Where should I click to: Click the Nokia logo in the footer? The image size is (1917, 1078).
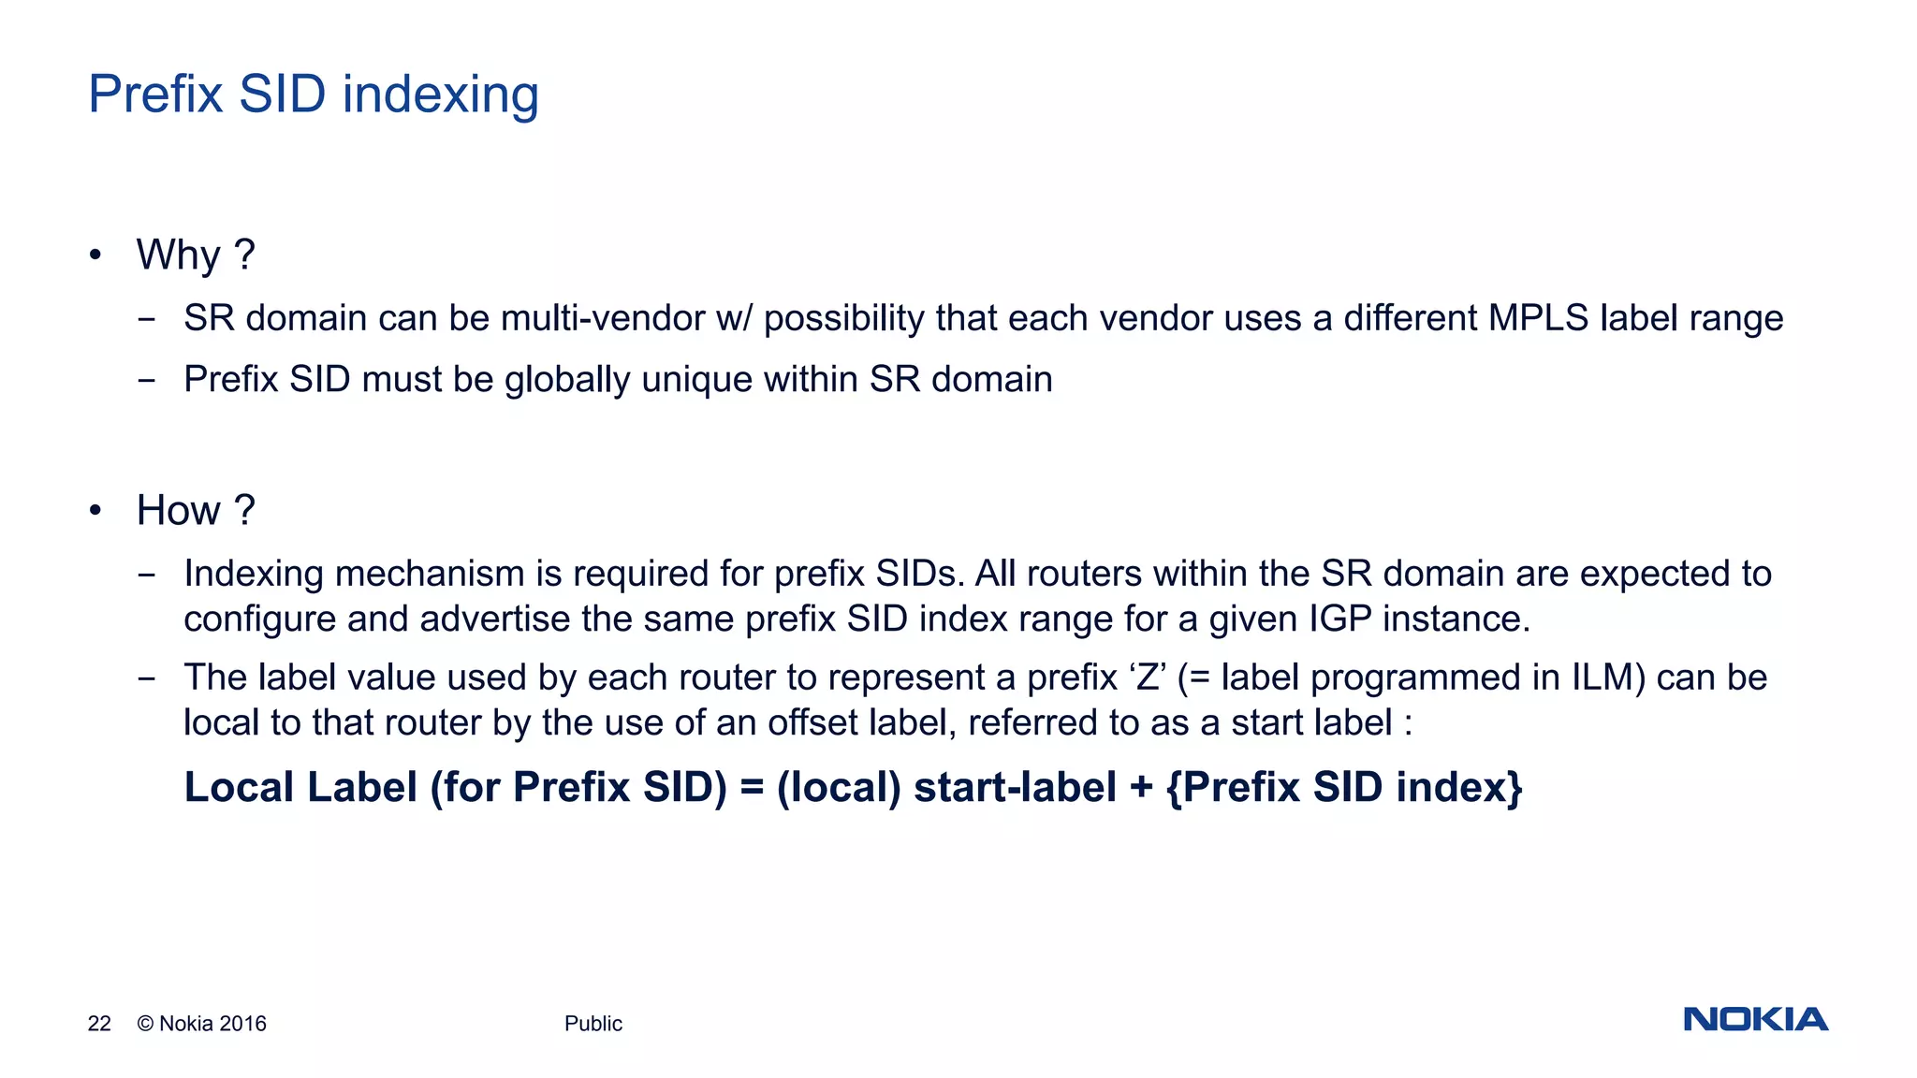point(1755,1019)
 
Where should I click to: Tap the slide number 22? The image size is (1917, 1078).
point(99,1024)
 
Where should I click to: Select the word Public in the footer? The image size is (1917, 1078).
point(593,1024)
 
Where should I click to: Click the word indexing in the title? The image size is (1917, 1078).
point(440,95)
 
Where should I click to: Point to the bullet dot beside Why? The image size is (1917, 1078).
point(95,255)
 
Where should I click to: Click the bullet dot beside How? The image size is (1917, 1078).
point(95,511)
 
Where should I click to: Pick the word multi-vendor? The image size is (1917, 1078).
point(603,319)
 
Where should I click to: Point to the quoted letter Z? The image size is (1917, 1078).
point(1148,678)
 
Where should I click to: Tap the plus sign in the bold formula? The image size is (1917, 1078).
point(1140,788)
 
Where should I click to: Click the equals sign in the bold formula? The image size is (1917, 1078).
point(752,788)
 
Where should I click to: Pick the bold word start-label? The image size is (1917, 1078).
point(1015,788)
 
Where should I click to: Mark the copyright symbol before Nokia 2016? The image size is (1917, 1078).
point(145,1024)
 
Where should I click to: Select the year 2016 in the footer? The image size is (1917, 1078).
point(242,1024)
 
